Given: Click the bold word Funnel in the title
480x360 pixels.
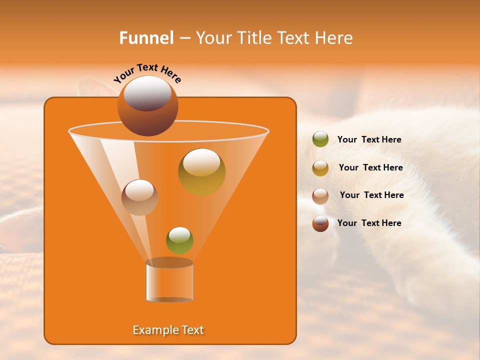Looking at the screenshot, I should pos(146,38).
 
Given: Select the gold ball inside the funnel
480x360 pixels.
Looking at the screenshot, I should pos(201,172).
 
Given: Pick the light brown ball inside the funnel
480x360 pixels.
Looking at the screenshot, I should pos(139,197).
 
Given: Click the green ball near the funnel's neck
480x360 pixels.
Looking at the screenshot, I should pos(179,240).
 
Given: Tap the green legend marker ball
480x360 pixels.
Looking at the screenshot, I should pos(320,139).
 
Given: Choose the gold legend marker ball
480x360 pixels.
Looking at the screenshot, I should pos(320,168).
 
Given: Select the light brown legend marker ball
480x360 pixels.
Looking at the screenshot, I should pos(320,195).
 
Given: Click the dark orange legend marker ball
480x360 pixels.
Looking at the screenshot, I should pos(320,223).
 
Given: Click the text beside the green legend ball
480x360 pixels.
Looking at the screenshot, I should pos(369,139).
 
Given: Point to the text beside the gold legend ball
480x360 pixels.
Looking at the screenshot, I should pos(370,167).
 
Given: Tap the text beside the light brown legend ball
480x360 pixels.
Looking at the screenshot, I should pos(371,195).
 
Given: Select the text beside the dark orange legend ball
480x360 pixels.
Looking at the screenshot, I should pos(369,223).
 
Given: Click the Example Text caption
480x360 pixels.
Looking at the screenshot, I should pos(168,330).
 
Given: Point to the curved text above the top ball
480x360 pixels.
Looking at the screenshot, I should pos(147,72).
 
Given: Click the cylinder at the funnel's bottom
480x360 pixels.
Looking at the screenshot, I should pos(169,281).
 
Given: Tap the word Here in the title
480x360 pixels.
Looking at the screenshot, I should pos(334,38).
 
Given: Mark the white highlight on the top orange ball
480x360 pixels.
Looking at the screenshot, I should pos(147,93).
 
